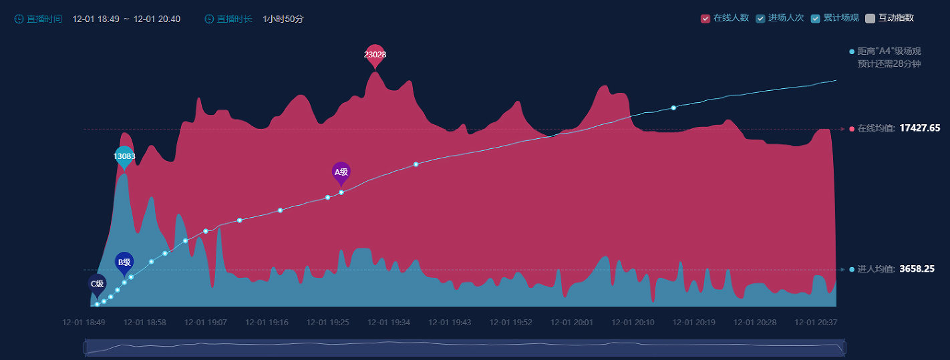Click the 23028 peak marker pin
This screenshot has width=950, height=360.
coord(375,55)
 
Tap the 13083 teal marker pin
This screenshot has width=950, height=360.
coord(124,156)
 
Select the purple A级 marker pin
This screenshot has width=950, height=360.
coord(341,172)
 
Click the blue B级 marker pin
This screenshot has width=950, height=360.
coord(124,262)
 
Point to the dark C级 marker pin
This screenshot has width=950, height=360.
coord(98,284)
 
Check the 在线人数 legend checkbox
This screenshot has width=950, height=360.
coord(705,19)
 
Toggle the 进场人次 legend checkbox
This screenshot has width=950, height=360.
coord(760,19)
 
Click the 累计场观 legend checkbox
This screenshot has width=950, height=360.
coord(815,19)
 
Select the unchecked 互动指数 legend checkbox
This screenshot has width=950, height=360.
coord(870,19)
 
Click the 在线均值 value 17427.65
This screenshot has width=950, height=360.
coord(920,128)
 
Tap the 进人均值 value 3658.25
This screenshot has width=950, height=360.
coord(917,269)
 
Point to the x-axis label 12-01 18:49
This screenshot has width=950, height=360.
coord(84,323)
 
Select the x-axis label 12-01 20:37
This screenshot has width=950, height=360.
coord(816,323)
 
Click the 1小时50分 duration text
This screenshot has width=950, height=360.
coord(283,19)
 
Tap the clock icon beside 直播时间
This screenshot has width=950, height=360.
coord(19,19)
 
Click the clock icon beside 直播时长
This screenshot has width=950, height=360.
coord(209,19)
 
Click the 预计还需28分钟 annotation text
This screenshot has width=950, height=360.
coord(889,64)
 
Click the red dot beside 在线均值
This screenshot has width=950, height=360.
coord(852,129)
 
